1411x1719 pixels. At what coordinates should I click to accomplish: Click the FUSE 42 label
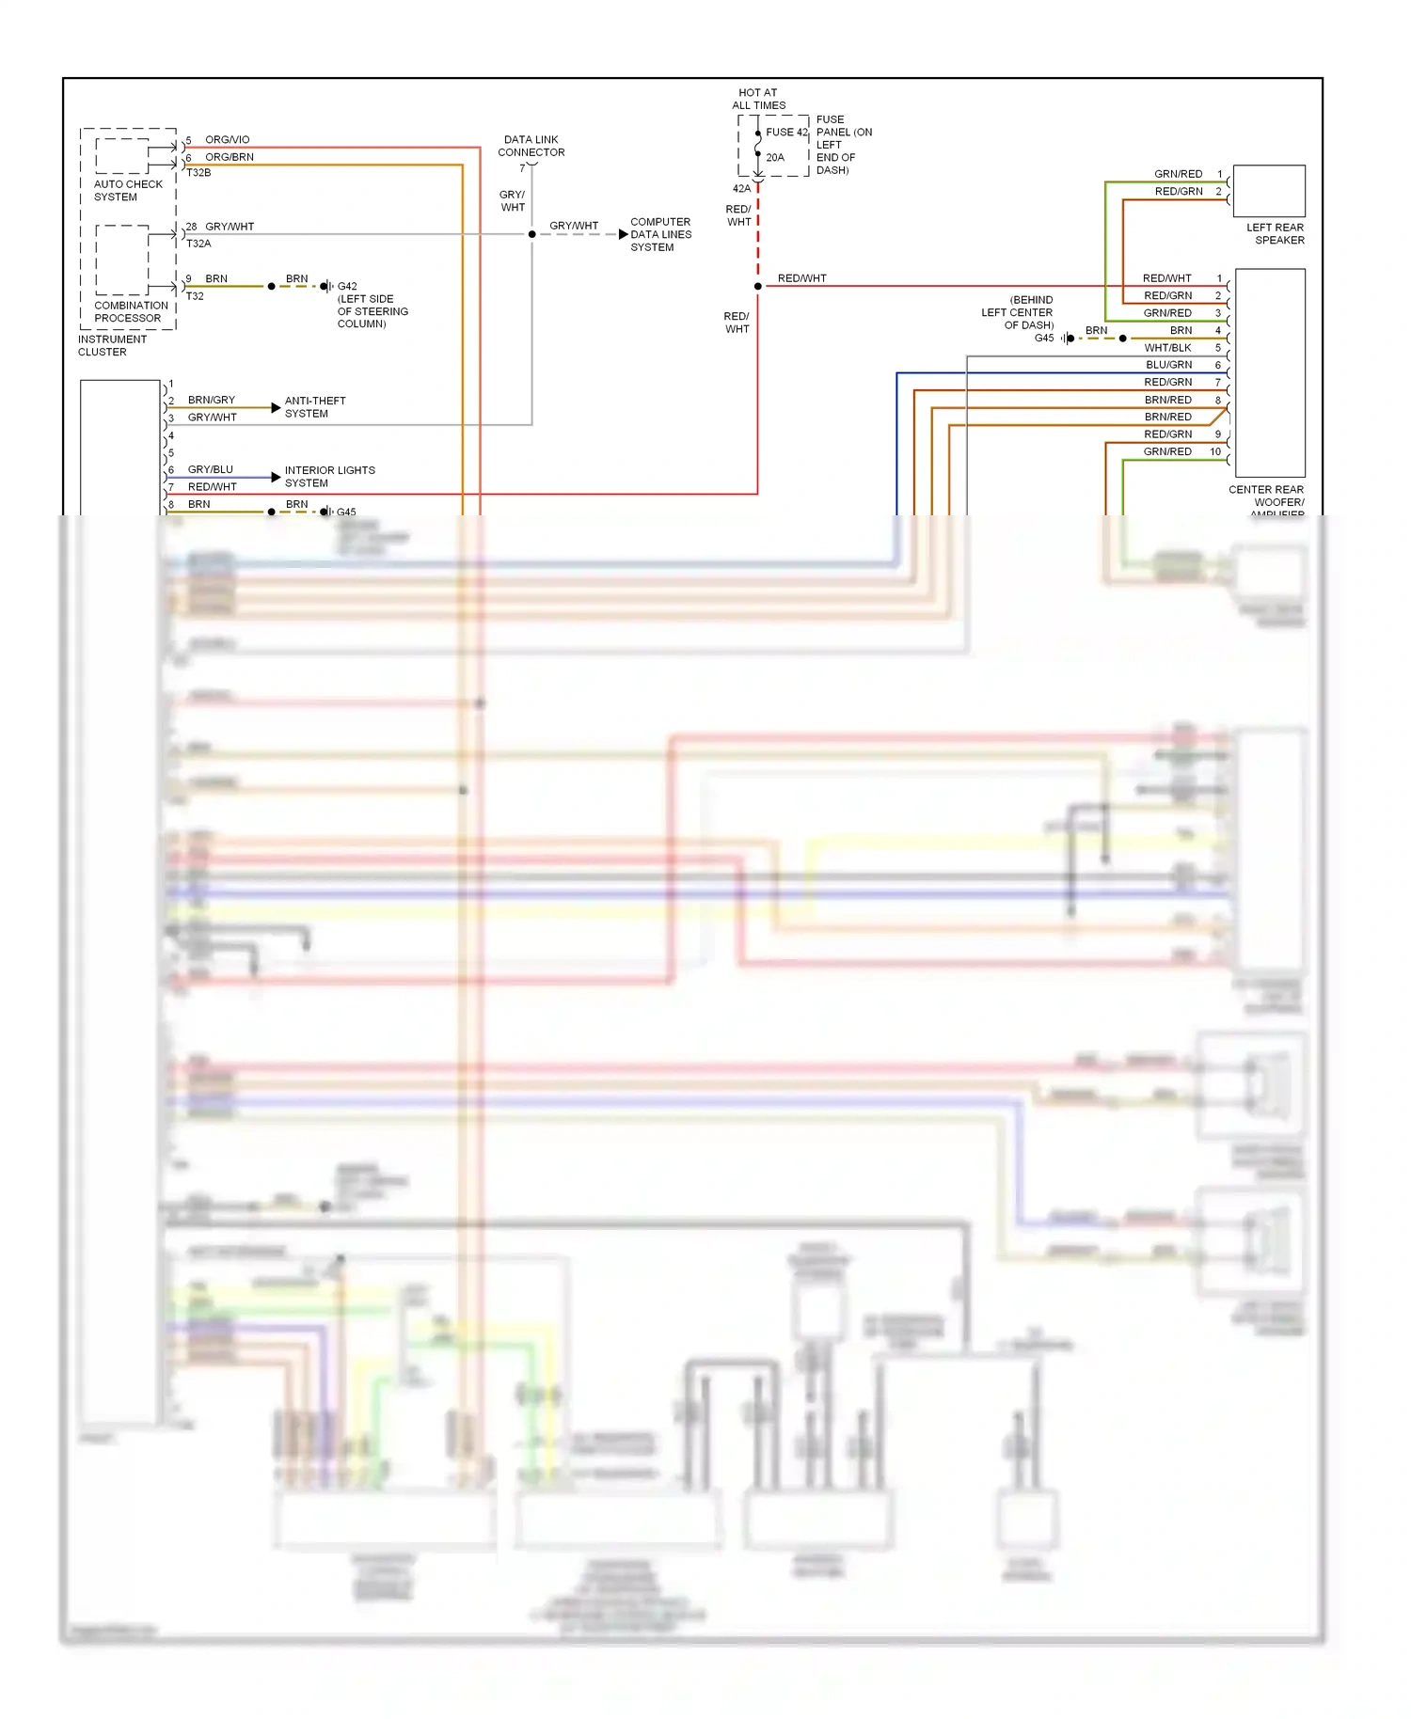point(786,133)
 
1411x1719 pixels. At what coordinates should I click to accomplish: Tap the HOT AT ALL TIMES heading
point(758,99)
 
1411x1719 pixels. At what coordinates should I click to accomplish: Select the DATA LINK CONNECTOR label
point(531,146)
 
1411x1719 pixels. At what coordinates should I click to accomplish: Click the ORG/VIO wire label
point(227,139)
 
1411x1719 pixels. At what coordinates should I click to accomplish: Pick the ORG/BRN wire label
point(229,157)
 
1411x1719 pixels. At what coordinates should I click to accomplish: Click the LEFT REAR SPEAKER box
point(1268,191)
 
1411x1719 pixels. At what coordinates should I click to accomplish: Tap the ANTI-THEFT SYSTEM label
point(314,407)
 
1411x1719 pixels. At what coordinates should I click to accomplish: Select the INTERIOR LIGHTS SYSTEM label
point(329,477)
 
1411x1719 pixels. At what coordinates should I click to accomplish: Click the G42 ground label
point(347,286)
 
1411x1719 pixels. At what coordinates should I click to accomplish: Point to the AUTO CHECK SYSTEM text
point(128,191)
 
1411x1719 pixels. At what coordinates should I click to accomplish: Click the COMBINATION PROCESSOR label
point(131,311)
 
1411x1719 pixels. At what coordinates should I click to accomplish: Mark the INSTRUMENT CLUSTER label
point(112,345)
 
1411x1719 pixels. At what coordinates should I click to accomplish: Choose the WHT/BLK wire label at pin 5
point(1167,348)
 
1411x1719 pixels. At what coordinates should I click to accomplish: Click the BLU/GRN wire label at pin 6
point(1168,365)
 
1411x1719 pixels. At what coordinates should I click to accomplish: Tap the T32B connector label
point(198,173)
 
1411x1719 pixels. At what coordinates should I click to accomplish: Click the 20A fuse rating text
point(774,158)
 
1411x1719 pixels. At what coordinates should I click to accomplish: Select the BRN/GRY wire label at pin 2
point(211,400)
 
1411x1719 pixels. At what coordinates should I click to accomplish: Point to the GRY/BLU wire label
point(210,469)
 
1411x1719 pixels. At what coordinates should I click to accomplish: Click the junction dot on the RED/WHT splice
point(757,286)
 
